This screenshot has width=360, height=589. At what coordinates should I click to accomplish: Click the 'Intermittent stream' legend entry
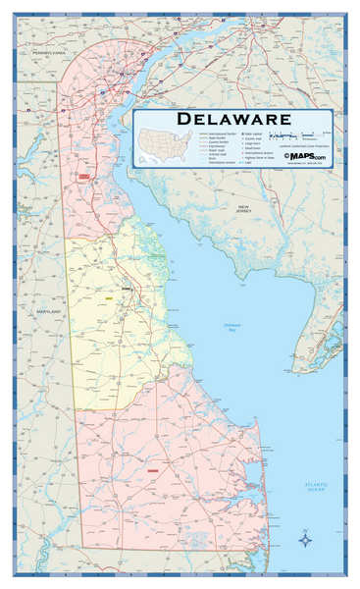[x=215, y=164]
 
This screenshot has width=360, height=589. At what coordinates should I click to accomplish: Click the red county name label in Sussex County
[x=152, y=471]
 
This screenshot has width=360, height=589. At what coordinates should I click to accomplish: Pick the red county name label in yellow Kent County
[x=125, y=292]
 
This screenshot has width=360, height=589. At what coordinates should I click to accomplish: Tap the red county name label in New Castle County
[x=84, y=176]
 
